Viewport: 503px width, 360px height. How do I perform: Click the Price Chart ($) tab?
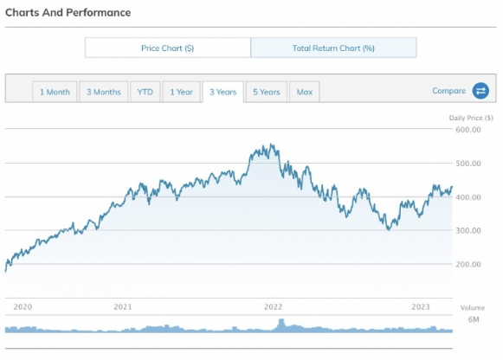pos(168,48)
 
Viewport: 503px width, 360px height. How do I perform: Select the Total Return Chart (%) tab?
pos(333,48)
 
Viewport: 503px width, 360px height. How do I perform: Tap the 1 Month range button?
pos(55,92)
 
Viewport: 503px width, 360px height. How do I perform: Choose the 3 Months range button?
pos(103,92)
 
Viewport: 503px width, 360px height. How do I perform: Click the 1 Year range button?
pos(181,92)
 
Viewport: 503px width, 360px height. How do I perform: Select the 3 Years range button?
pos(222,92)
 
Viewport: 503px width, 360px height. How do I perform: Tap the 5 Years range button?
pos(266,92)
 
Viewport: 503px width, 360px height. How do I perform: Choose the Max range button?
pos(304,92)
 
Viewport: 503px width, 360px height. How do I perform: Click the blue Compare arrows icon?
pos(480,91)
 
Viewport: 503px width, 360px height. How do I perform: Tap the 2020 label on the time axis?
pos(23,306)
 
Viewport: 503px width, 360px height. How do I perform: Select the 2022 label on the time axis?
pos(274,306)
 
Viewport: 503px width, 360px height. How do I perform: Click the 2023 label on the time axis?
pos(421,306)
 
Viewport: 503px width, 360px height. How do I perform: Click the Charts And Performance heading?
pos(68,13)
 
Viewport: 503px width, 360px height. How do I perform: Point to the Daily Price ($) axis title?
pos(471,118)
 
